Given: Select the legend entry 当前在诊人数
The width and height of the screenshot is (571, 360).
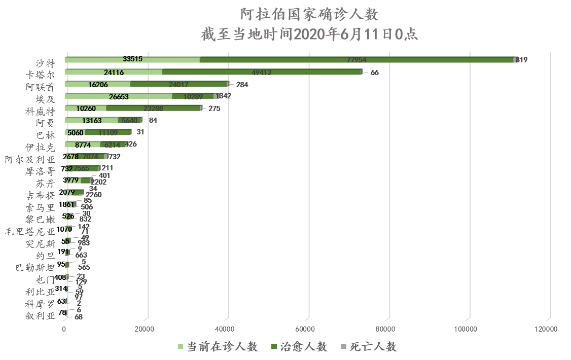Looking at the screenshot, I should point(218,347).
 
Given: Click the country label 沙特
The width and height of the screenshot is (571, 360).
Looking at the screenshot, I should point(45,63).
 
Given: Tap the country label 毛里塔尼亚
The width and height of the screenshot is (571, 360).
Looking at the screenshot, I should point(29,232).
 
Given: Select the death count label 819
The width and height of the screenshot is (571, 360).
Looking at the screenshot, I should point(522,60).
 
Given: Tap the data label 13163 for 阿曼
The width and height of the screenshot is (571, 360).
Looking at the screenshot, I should point(92,121).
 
